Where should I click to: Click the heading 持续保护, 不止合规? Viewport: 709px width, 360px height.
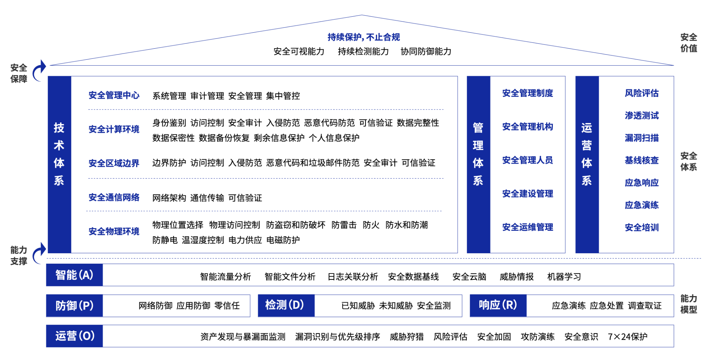coord(363,37)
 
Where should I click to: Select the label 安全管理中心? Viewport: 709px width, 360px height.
coord(114,95)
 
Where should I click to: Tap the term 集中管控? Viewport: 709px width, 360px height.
coord(283,96)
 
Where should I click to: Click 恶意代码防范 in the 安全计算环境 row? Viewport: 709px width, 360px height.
coord(329,123)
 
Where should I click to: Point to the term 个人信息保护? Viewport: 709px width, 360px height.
coord(334,138)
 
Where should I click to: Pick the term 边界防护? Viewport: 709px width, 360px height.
coord(169,163)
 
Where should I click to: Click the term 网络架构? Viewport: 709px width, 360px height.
coord(169,198)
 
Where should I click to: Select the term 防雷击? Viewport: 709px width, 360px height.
coord(344,225)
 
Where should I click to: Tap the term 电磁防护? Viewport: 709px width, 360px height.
coord(283,240)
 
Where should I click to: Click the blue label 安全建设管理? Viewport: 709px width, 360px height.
coord(527,194)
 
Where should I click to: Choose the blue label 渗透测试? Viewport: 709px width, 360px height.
coord(642,115)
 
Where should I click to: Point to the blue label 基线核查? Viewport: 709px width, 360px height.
coord(642,160)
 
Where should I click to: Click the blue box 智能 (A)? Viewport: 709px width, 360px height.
coord(74,275)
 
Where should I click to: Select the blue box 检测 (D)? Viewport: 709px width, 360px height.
coord(286,305)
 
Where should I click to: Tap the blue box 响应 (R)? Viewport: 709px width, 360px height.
coord(498,305)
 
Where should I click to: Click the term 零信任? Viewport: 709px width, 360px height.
coord(227,305)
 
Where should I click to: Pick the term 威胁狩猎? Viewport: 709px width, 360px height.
coord(406,336)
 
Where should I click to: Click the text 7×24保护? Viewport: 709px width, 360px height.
coord(627,336)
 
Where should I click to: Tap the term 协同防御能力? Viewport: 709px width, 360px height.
coord(426,51)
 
